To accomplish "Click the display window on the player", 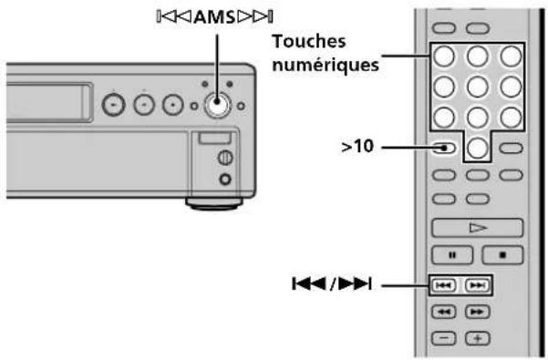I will pos(41,103).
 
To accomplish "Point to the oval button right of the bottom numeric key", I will pos(512,148).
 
